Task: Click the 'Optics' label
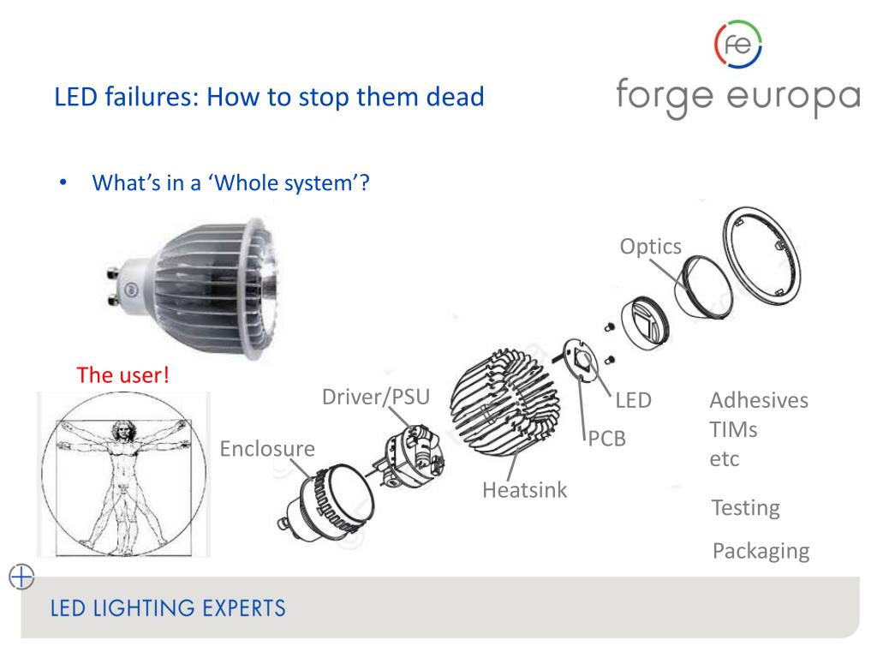[x=651, y=247]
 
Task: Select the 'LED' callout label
[x=633, y=400]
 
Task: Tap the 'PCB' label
[x=607, y=440]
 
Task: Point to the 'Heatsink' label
[x=525, y=491]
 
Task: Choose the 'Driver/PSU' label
[x=375, y=398]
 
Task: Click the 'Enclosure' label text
[x=267, y=449]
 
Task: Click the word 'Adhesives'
[x=759, y=401]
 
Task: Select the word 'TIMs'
[x=734, y=429]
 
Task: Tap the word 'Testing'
[x=746, y=508]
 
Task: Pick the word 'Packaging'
[x=761, y=551]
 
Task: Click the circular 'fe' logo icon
[x=737, y=44]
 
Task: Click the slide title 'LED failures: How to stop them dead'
[x=270, y=96]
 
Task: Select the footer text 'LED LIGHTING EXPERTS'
[x=168, y=609]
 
